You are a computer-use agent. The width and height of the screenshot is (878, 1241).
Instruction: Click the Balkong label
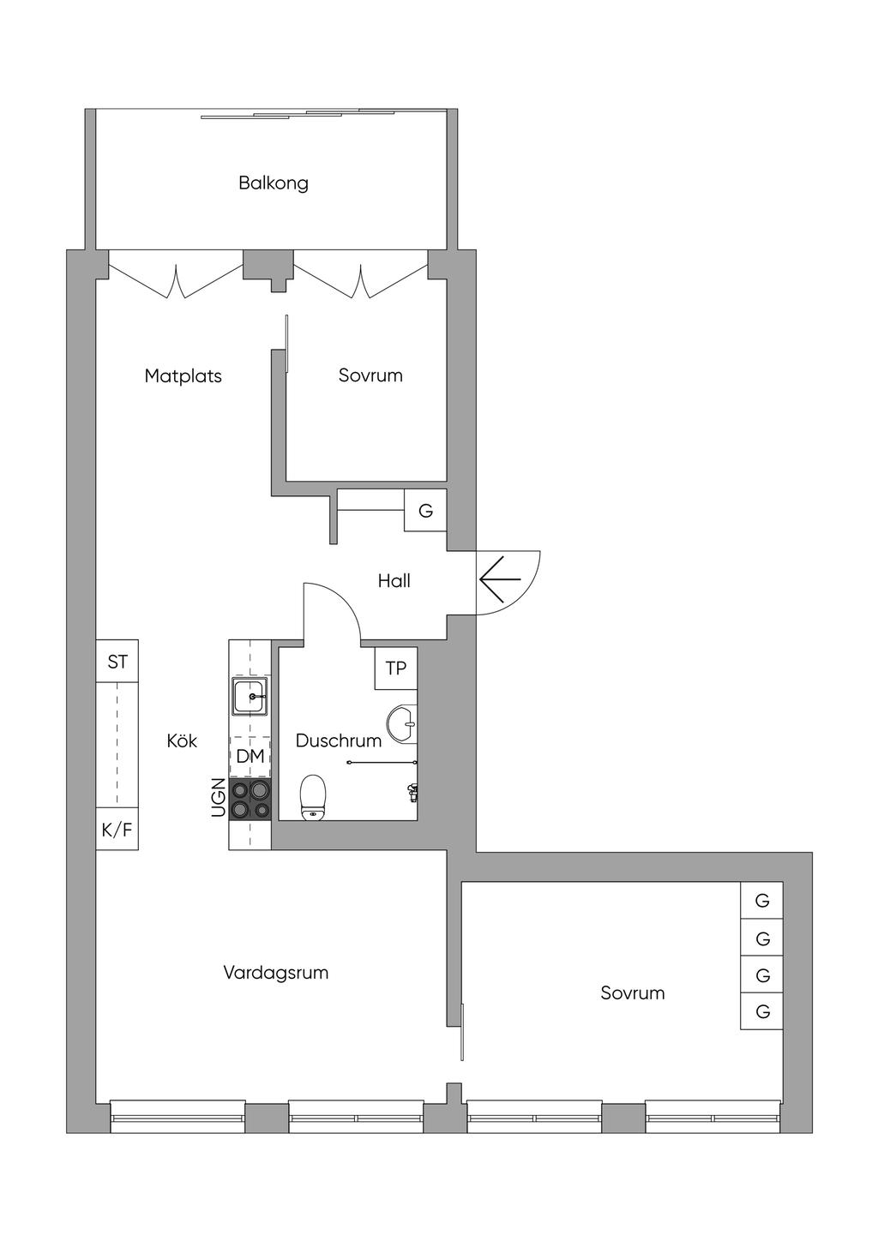(274, 183)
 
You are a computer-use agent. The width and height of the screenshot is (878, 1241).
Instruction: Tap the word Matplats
(183, 376)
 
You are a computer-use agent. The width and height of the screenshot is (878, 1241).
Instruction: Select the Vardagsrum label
(275, 972)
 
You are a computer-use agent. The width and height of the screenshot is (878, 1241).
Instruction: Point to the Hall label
(394, 580)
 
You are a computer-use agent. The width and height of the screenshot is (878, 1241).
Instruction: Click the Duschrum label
(338, 740)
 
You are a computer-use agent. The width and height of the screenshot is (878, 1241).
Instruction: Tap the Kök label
(182, 740)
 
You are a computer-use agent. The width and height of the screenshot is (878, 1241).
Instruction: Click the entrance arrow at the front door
(500, 579)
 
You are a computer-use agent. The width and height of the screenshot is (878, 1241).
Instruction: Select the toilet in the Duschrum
(313, 797)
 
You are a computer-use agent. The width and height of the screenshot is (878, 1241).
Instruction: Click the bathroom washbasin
(401, 724)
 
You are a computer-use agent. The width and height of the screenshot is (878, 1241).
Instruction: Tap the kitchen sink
(250, 696)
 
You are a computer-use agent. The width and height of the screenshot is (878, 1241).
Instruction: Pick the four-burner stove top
(250, 800)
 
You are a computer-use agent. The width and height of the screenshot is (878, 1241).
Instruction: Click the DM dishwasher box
(250, 756)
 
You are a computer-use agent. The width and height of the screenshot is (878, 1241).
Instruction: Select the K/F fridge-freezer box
(117, 829)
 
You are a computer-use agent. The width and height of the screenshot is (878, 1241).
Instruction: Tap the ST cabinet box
(117, 662)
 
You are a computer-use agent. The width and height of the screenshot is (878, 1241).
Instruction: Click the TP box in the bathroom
(396, 668)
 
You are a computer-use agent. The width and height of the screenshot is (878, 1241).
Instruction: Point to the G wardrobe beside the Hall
(425, 510)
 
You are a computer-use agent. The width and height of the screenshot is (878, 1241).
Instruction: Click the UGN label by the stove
(219, 798)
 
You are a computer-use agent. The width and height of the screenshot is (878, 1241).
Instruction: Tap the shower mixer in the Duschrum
(412, 793)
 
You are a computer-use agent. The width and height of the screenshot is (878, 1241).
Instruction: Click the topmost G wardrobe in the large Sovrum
(762, 900)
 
